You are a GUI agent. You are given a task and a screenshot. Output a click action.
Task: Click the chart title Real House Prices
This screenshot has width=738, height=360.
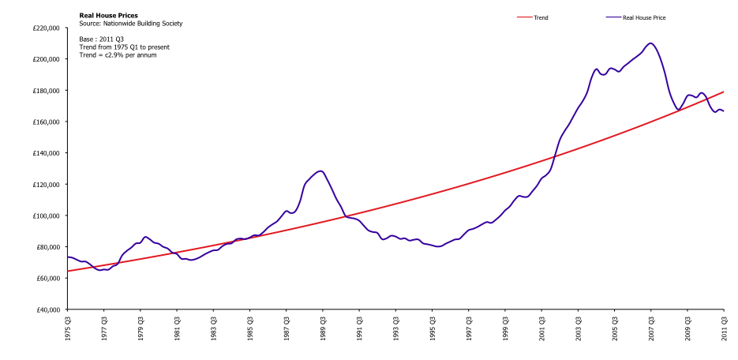click(108, 16)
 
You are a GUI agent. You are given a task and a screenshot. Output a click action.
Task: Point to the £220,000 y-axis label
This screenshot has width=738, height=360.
click(46, 28)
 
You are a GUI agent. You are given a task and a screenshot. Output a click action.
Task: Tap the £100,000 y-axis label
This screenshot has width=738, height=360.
click(46, 216)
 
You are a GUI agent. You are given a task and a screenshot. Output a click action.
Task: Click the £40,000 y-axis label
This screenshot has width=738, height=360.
click(47, 309)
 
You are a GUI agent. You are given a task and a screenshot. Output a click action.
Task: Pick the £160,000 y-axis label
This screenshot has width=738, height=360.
click(46, 122)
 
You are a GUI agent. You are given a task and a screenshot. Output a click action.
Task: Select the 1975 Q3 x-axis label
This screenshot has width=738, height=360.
click(68, 328)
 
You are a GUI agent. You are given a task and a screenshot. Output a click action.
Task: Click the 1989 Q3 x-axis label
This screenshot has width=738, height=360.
click(323, 328)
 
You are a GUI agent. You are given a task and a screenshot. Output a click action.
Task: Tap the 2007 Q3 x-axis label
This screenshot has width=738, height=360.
click(651, 328)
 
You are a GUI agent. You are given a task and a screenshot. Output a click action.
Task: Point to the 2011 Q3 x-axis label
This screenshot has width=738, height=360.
click(724, 328)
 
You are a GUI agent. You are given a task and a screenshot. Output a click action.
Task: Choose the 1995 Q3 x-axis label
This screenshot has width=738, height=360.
click(432, 328)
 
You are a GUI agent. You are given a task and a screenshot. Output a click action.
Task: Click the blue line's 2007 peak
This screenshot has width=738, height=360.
click(650, 43)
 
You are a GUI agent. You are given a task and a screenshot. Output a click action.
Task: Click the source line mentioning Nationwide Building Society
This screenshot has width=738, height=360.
click(130, 23)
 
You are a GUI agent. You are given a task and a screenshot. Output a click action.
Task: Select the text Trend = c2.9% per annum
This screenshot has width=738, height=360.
click(118, 55)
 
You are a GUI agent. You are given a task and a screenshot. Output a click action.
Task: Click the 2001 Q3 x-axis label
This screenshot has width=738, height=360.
click(541, 328)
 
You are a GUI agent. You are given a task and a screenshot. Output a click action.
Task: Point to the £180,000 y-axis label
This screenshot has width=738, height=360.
click(46, 90)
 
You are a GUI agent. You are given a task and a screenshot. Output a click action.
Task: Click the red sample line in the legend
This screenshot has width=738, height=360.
click(524, 18)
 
